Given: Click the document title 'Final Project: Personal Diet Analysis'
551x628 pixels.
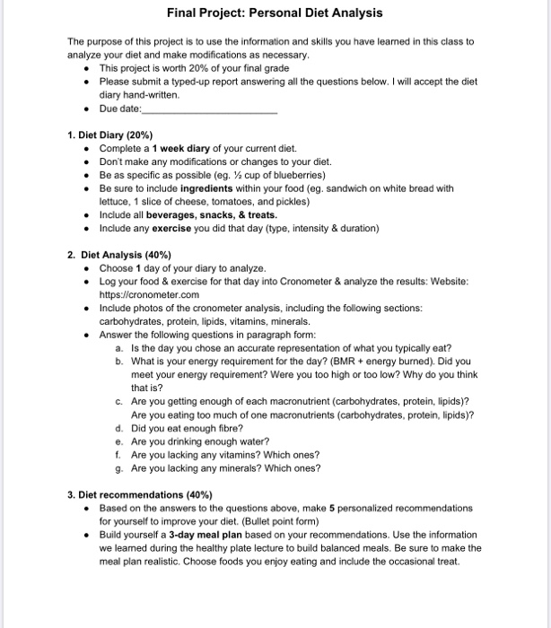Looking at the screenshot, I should [275, 13].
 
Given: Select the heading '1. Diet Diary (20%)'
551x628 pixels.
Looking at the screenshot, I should [112, 134].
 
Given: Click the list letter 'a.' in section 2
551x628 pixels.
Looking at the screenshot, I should [120, 348].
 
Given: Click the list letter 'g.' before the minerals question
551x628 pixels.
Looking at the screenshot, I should [120, 467].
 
